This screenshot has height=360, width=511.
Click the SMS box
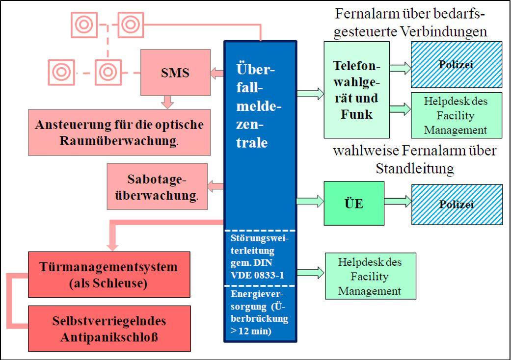tap(175, 73)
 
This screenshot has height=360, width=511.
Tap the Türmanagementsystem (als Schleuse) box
tap(109, 275)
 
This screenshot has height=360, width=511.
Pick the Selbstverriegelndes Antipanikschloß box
tap(109, 328)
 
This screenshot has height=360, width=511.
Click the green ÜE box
tap(354, 203)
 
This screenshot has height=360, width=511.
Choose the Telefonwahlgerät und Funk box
tap(356, 89)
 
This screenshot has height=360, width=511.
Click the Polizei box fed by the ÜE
tap(457, 204)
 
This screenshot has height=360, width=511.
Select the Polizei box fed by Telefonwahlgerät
tap(456, 64)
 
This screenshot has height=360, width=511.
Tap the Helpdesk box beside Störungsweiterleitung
tap(370, 276)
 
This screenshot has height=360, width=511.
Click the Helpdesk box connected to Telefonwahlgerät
tap(456, 115)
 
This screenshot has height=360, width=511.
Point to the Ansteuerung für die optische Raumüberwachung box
tap(119, 132)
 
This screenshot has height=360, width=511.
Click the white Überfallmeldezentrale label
tap(255, 105)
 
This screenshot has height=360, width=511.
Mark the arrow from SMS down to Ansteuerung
tap(168, 102)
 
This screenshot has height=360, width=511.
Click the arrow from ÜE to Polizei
tap(398, 201)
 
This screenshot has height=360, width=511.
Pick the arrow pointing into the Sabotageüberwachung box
tap(215, 186)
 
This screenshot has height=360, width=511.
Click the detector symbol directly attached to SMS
tap(108, 72)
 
